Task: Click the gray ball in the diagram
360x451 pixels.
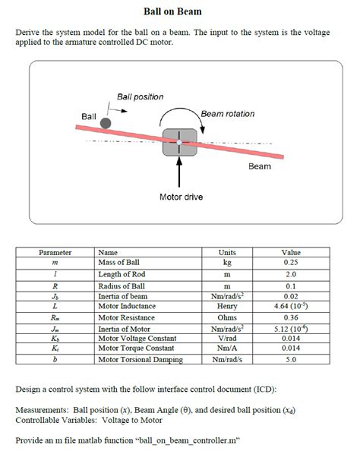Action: pos(106,123)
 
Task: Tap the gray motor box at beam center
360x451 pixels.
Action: pos(180,142)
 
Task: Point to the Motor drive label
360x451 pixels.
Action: pos(180,197)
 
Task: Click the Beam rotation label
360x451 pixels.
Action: pos(228,114)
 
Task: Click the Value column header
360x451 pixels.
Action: pos(291,252)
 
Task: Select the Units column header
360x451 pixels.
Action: pos(227,252)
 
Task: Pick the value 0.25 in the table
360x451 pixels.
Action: pos(291,261)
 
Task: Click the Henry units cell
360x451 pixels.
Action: pos(227,305)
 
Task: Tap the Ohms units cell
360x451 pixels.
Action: pos(227,317)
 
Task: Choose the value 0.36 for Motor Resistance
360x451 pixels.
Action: pos(291,317)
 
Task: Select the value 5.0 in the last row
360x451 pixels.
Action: pos(291,359)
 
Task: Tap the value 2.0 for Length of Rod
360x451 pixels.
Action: pos(291,274)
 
